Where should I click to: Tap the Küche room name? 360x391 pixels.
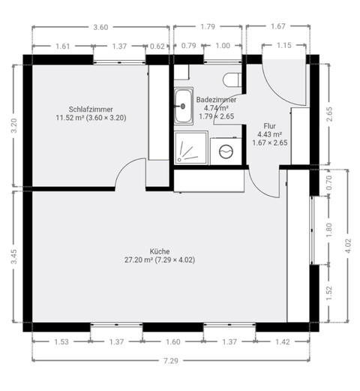coord(160,251)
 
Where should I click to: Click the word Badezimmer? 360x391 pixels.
coord(217,99)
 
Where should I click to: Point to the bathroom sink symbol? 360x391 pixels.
coord(183,106)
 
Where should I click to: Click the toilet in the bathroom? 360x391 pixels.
coord(232,80)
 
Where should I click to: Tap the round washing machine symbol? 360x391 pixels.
coord(226,150)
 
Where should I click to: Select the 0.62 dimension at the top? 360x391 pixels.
coord(157,47)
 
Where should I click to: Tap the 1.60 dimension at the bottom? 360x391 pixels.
coord(172,342)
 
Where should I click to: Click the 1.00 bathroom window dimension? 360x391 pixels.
coord(223,47)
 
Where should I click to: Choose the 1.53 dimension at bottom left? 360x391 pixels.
coord(61,342)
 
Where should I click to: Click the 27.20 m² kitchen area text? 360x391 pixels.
coord(160,260)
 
